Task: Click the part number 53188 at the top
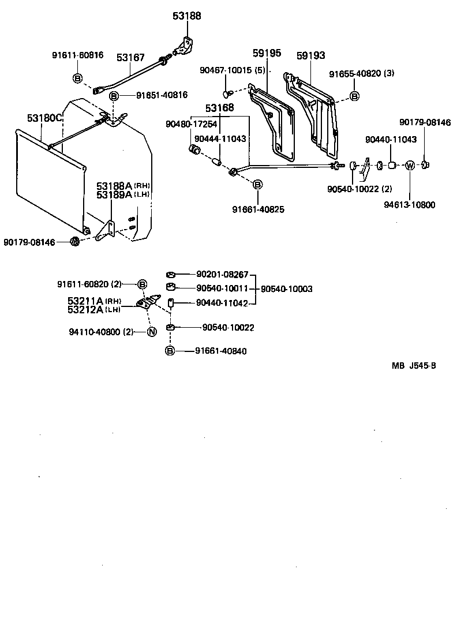(x=186, y=16)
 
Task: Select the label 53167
(x=130, y=57)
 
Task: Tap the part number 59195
(x=267, y=54)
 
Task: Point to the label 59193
(x=311, y=56)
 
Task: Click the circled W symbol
(x=409, y=166)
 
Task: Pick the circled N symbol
(x=151, y=332)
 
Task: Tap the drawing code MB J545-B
(x=414, y=365)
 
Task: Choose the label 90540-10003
(x=287, y=288)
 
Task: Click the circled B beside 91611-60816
(x=77, y=78)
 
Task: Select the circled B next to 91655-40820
(x=354, y=95)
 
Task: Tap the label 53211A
(x=85, y=301)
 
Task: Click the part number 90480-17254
(x=190, y=124)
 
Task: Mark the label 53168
(x=220, y=108)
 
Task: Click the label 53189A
(x=114, y=195)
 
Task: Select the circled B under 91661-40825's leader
(x=257, y=185)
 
